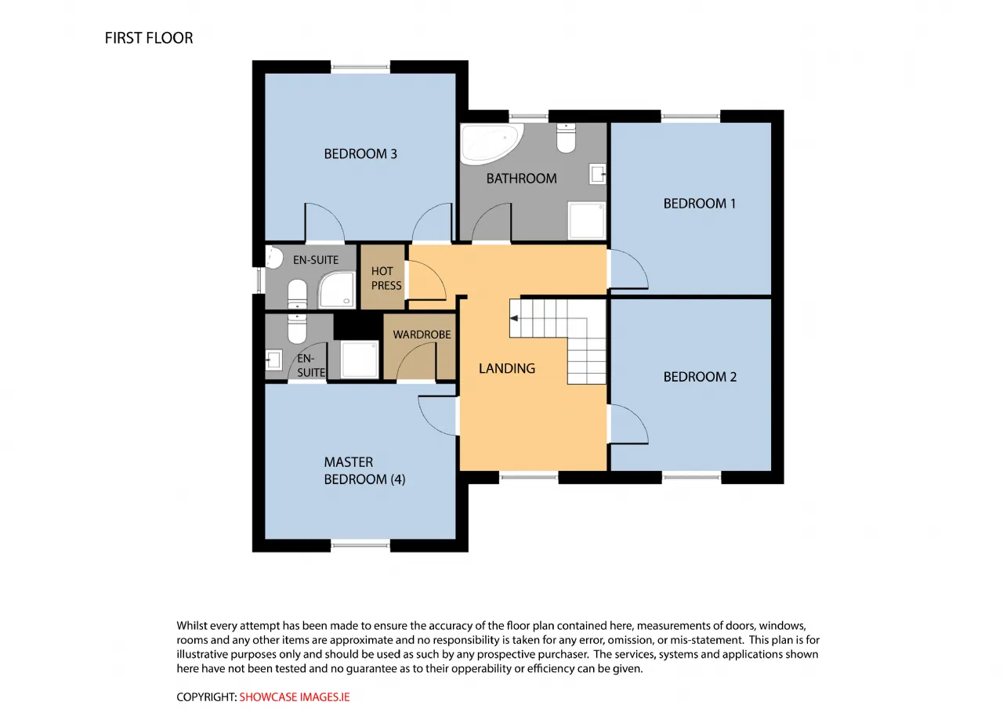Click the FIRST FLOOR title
tap(149, 38)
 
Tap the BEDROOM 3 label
tap(360, 154)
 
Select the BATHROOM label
tap(522, 179)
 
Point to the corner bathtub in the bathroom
tap(491, 143)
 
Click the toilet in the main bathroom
tap(566, 138)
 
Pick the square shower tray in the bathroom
tap(587, 220)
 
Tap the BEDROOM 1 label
tap(700, 204)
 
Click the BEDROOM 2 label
tap(700, 377)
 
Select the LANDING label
tap(507, 368)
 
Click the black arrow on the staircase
tap(514, 318)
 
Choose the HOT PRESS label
tap(386, 278)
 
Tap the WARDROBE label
tap(422, 335)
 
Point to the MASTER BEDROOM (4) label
tap(364, 470)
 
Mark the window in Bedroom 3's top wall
tap(360, 67)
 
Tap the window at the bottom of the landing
tap(529, 478)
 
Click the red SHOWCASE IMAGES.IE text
tap(295, 697)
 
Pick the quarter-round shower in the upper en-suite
tap(337, 290)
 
